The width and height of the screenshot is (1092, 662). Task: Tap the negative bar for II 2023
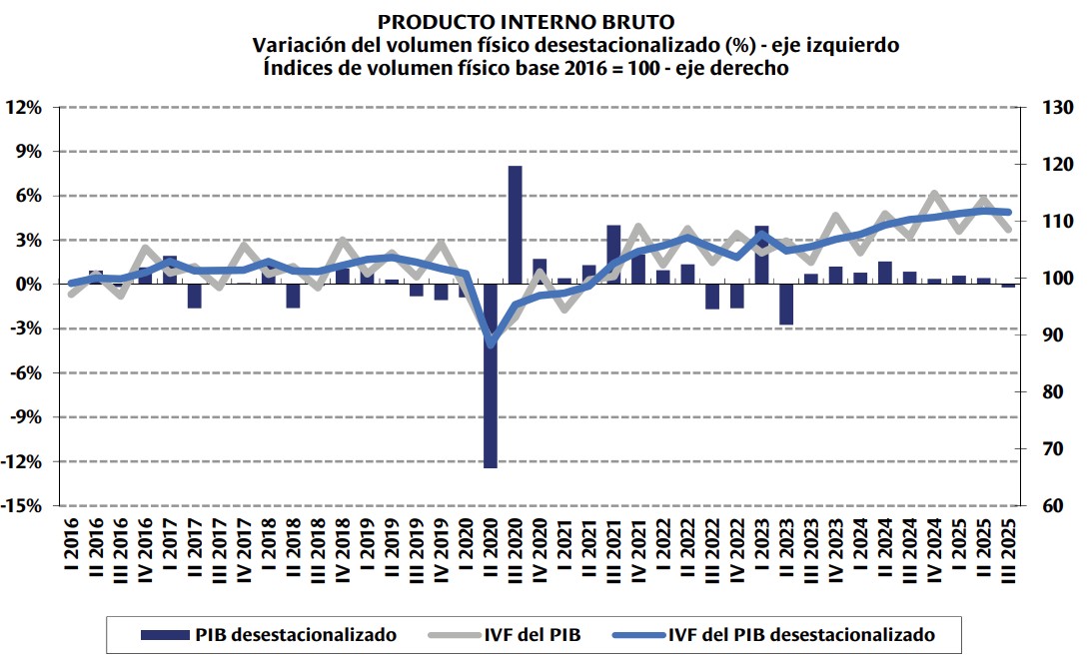[786, 304]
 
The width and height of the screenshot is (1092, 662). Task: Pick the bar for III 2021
[614, 255]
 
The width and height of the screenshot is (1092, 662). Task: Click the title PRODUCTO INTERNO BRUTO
[526, 21]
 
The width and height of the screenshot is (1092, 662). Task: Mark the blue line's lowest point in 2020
[491, 343]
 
